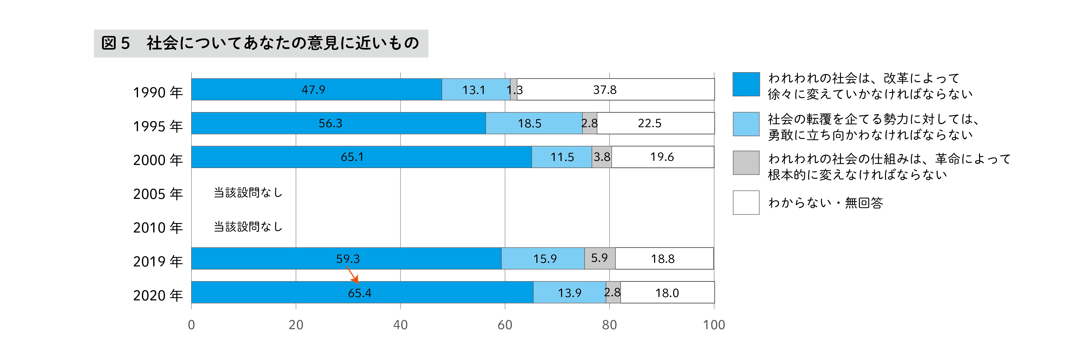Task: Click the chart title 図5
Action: coord(261,43)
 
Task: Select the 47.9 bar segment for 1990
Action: coord(316,89)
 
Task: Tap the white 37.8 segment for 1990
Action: coord(615,89)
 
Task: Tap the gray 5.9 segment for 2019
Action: coord(600,258)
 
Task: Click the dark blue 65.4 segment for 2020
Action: coord(362,293)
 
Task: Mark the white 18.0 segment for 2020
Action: coord(667,293)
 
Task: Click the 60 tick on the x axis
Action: coord(505,325)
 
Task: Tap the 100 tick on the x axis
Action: coord(713,325)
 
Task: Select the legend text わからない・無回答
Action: coord(825,203)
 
